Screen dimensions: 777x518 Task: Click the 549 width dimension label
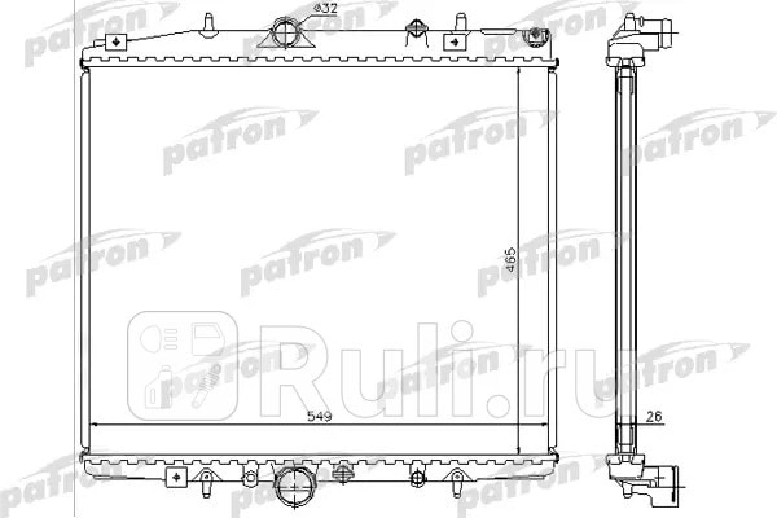click(319, 416)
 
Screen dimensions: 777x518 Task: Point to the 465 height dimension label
click(510, 260)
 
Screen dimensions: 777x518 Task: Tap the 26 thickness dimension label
click(654, 417)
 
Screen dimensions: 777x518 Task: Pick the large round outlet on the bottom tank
click(294, 488)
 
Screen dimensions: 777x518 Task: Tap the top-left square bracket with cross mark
click(116, 42)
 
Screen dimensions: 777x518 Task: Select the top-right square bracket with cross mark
click(454, 42)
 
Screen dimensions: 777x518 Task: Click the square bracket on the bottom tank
click(176, 477)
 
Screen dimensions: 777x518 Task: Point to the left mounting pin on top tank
click(208, 25)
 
